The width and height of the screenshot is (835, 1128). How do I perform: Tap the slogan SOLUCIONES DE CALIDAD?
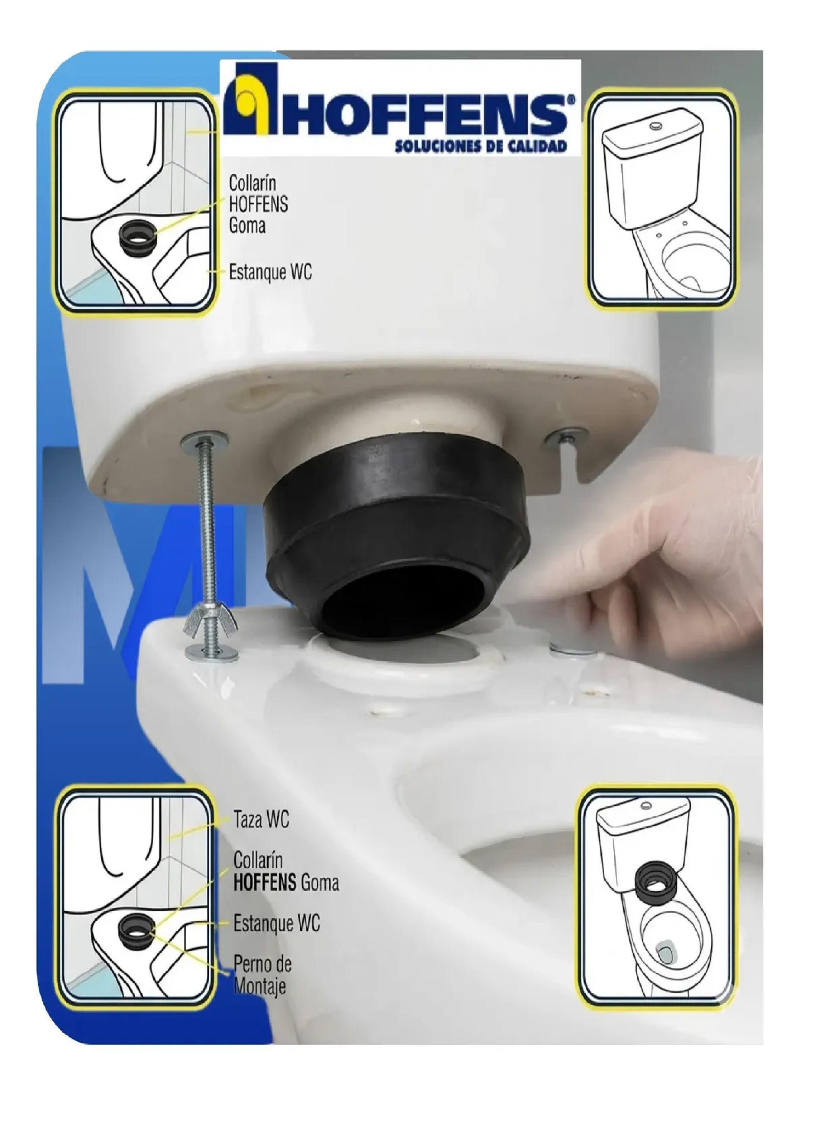(480, 146)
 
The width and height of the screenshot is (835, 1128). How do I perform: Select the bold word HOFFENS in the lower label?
(264, 882)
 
